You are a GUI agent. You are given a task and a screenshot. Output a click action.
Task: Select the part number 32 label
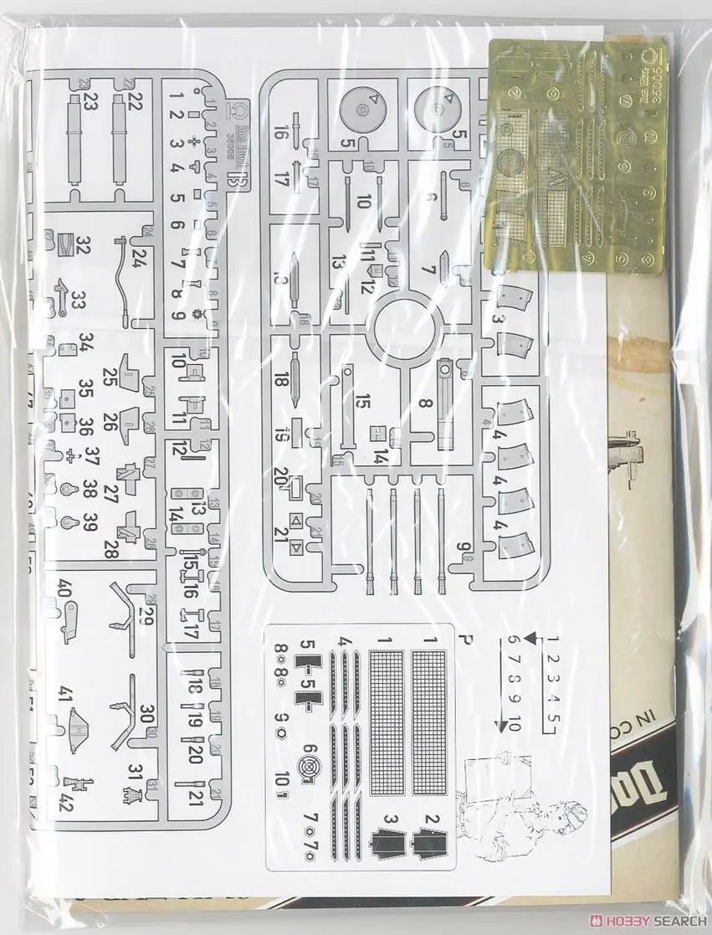click(83, 245)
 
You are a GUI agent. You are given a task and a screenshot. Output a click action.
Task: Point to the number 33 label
click(79, 299)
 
